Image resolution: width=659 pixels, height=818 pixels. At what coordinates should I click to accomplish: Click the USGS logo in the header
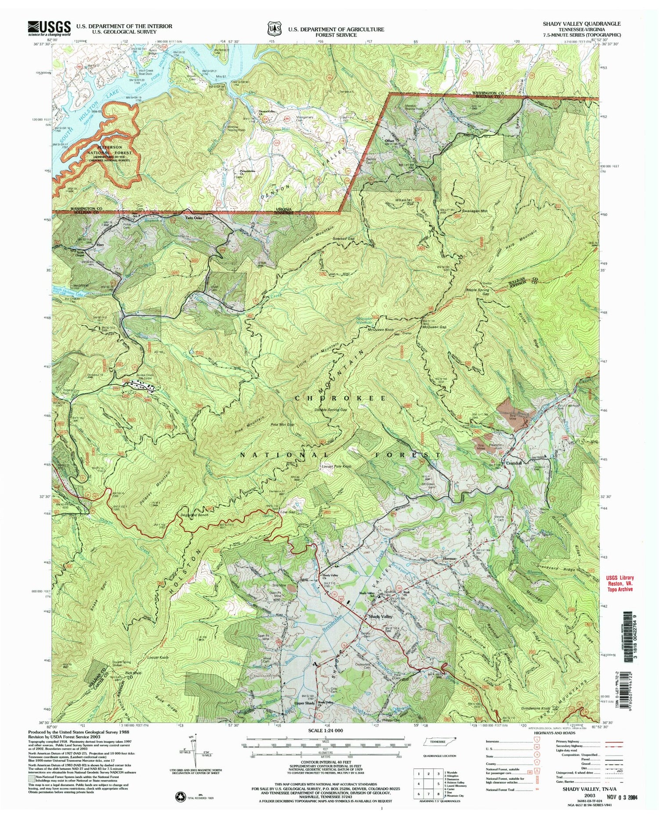(43, 29)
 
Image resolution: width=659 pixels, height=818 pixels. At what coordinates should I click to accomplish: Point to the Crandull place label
(514, 463)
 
